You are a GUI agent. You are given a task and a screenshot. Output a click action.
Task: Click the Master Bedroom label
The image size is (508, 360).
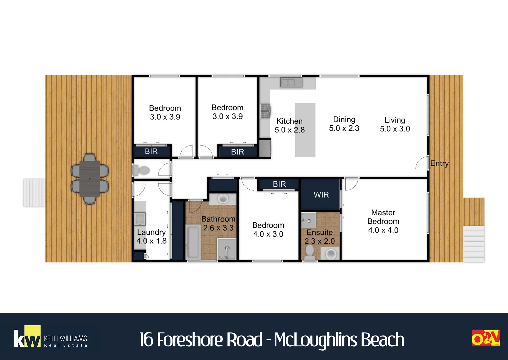tap(383, 217)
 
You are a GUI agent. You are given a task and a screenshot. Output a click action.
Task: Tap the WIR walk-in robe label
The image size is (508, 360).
tap(321, 195)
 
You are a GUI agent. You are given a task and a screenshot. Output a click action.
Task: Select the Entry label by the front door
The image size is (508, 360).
tap(439, 163)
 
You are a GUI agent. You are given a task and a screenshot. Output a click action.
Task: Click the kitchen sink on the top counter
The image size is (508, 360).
tap(291, 82)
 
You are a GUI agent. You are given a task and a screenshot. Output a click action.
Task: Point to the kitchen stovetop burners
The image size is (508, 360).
tap(265, 111)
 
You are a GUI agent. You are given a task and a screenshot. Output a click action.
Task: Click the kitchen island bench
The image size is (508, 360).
tap(305, 130)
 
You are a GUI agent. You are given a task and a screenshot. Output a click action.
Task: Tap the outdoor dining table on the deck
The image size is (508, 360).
tap(90, 179)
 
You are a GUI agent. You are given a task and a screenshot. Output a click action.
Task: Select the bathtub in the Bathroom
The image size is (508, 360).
tap(193, 242)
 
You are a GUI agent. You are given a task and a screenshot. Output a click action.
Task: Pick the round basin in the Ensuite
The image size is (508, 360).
tap(331, 253)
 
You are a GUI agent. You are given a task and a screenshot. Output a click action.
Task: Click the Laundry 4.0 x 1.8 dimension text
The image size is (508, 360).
tap(151, 241)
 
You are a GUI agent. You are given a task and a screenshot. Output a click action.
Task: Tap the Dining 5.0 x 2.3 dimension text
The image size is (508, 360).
tap(344, 128)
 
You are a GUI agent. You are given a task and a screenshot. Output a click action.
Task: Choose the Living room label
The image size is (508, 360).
tap(395, 120)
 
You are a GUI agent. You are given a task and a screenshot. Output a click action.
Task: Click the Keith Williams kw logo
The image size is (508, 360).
tap(51, 337)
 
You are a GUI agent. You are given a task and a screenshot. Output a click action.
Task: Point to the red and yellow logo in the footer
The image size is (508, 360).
tap(486, 338)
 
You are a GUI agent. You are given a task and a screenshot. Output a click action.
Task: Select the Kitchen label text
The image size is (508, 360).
tap(289, 121)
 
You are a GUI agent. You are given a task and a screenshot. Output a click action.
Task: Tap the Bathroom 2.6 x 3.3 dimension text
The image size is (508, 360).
tap(218, 228)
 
